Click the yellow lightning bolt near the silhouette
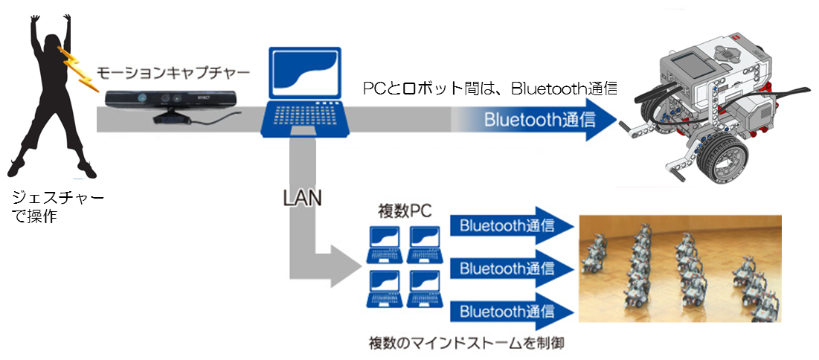pos(74,68)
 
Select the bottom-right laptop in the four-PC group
pos(426,289)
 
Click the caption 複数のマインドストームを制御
pos(463,344)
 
